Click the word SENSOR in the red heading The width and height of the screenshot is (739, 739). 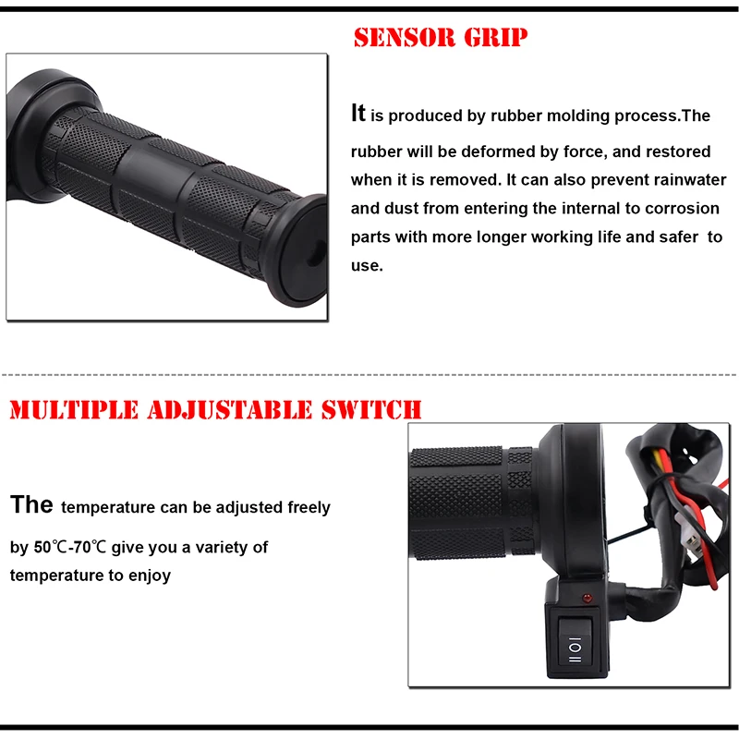tap(405, 38)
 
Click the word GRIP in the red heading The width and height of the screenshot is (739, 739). tap(496, 38)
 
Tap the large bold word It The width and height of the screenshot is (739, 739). tap(358, 113)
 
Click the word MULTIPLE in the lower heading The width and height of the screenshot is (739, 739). tap(74, 409)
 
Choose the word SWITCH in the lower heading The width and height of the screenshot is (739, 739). tap(371, 409)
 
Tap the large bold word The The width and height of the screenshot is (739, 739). tap(31, 504)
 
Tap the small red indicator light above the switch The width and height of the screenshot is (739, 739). tap(587, 598)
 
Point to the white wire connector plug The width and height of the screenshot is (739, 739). tap(687, 533)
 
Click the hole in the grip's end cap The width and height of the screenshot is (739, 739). tap(315, 255)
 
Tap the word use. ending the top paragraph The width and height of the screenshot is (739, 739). tap(367, 266)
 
